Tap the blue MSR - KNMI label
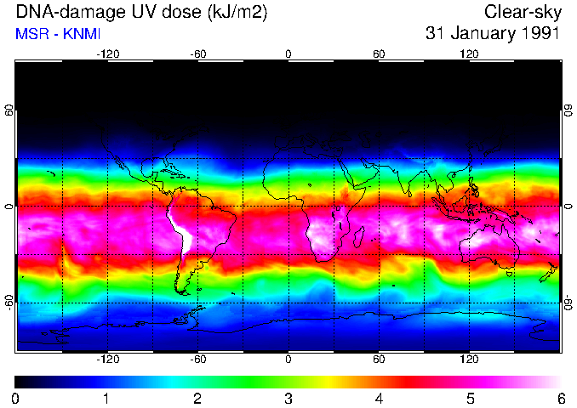(58, 34)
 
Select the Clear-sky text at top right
(522, 12)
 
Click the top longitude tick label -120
(107, 54)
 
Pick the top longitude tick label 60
(379, 54)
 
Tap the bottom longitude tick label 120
(469, 360)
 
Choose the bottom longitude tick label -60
(197, 360)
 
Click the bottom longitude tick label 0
(288, 360)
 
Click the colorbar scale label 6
(560, 398)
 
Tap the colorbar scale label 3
(288, 398)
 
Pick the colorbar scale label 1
(106, 398)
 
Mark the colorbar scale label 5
(469, 398)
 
